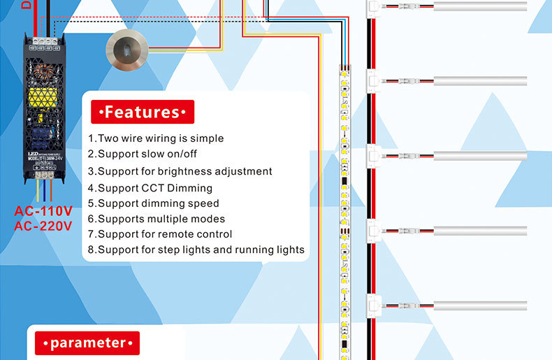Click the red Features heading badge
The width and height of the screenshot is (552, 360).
click(143, 112)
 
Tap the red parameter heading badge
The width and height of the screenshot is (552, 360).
click(87, 343)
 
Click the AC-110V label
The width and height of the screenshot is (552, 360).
click(43, 211)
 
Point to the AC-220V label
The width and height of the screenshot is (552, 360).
click(43, 226)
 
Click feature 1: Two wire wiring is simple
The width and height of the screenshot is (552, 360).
click(156, 138)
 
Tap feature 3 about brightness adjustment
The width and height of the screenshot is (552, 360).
click(180, 171)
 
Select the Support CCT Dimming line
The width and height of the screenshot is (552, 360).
click(150, 188)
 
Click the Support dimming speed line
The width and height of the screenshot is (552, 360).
click(153, 203)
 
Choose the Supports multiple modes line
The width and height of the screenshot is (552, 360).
click(156, 219)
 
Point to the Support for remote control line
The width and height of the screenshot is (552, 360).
click(160, 234)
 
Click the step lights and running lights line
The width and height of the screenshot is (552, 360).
click(196, 250)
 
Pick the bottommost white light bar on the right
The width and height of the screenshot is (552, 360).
click(480, 305)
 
